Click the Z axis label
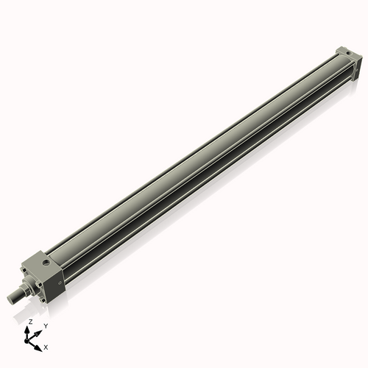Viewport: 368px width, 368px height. tap(30, 322)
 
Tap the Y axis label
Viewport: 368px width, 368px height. tap(45, 325)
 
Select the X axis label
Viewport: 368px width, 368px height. tap(46, 346)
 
